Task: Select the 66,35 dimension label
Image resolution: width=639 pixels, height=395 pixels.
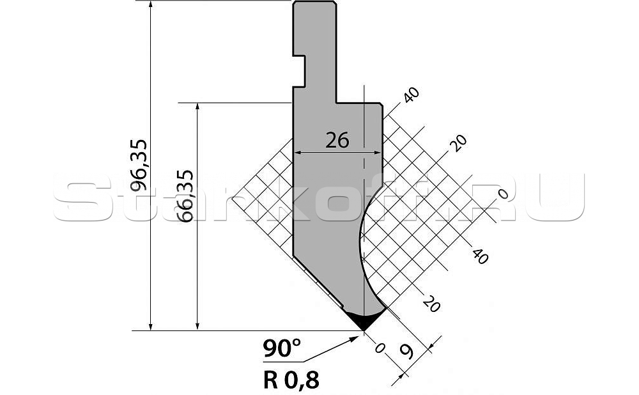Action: coord(186,196)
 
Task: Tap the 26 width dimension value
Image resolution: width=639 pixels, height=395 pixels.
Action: coord(337,141)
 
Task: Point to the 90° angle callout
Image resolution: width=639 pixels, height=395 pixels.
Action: coord(282,348)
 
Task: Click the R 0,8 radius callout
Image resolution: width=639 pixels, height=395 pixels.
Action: coord(291,380)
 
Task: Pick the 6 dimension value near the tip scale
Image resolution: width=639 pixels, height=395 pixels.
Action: coord(406,350)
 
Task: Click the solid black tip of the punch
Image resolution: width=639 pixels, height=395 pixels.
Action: coord(365,320)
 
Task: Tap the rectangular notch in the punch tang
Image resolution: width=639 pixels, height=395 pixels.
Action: coord(299,71)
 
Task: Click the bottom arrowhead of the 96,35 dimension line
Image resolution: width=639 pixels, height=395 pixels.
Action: coord(151,326)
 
